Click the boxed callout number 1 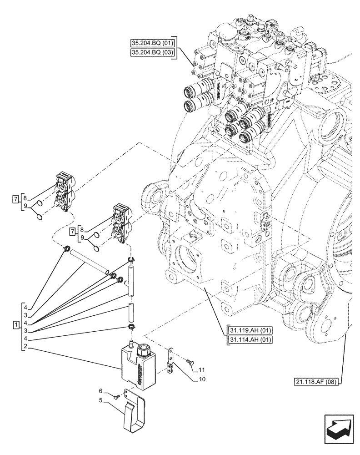[16, 325]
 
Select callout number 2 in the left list [26, 347]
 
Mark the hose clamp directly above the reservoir [131, 329]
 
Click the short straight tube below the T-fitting [131, 314]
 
